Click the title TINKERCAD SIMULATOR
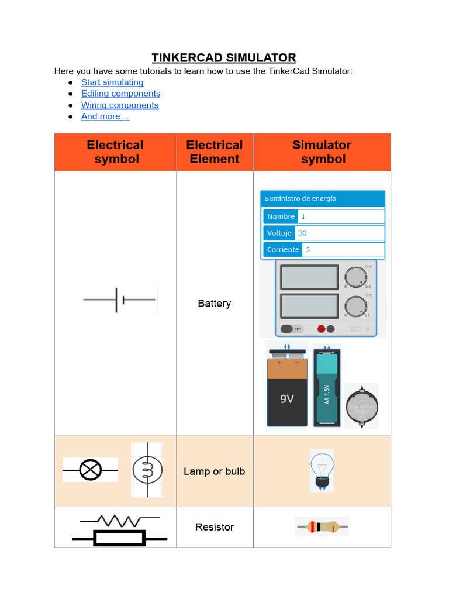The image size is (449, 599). (x=224, y=57)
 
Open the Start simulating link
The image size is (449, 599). (x=112, y=82)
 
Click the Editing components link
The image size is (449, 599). (x=120, y=94)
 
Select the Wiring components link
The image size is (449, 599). (x=120, y=105)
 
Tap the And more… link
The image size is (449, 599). (x=105, y=116)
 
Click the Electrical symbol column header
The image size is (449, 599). (x=115, y=152)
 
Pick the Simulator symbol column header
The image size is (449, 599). (x=322, y=152)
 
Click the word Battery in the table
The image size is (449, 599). (x=215, y=304)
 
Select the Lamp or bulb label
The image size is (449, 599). (x=215, y=471)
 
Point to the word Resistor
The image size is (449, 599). (x=215, y=527)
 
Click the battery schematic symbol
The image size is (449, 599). (x=120, y=299)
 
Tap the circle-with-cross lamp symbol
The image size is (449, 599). (x=90, y=469)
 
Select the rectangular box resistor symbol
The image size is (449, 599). (x=120, y=538)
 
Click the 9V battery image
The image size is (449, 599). (x=286, y=386)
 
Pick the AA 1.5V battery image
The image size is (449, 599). (x=327, y=386)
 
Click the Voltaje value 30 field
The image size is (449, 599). (x=341, y=233)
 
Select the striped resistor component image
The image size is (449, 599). (x=322, y=527)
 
